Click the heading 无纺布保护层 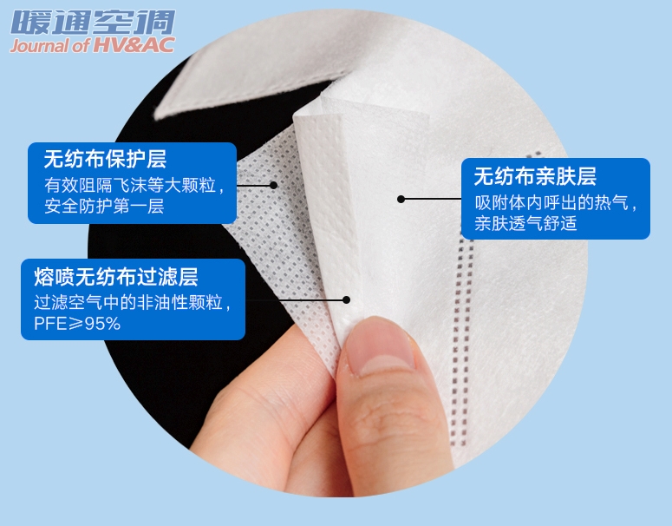click(105, 159)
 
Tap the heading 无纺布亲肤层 click(535, 176)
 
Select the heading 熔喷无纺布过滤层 click(115, 277)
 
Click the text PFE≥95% click(77, 324)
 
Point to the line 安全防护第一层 click(104, 206)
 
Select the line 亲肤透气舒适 click(525, 223)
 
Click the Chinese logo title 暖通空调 click(93, 23)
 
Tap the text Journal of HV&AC click(93, 45)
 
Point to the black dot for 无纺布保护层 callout click(273, 186)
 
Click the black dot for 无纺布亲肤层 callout click(401, 199)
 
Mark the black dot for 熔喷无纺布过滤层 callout click(346, 300)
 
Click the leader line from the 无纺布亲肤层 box click(433, 199)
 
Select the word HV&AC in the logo click(134, 45)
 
